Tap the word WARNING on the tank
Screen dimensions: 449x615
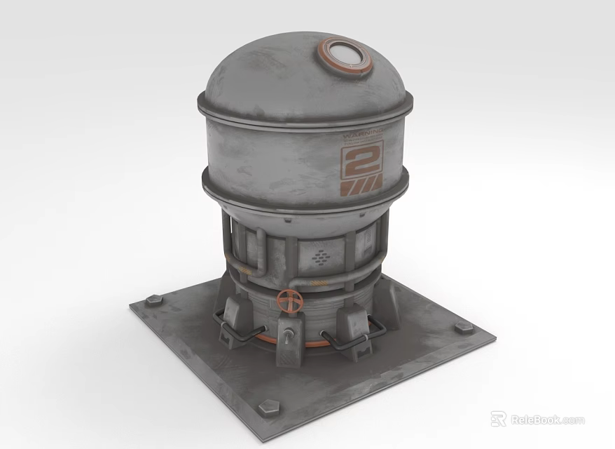point(361,133)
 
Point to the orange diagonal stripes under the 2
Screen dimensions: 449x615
point(361,186)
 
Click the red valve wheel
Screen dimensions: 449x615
point(289,302)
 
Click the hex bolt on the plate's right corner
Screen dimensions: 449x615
point(463,328)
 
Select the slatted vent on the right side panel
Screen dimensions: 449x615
point(366,242)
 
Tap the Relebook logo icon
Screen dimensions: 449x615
point(498,420)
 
